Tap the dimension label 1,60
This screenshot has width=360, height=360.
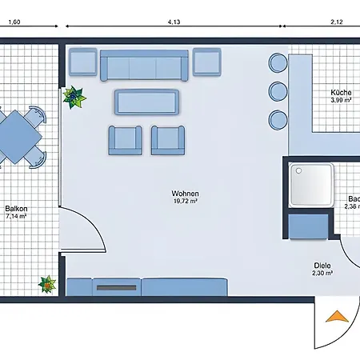pyautogui.click(x=14, y=23)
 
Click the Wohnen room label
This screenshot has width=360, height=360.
pyautogui.click(x=184, y=194)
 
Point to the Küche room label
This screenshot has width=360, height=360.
pyautogui.click(x=341, y=93)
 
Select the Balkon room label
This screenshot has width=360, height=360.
pyautogui.click(x=16, y=210)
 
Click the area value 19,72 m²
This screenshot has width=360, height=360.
pyautogui.click(x=184, y=202)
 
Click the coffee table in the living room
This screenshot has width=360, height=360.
pyautogui.click(x=146, y=102)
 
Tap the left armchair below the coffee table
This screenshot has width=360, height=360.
pyautogui.click(x=123, y=139)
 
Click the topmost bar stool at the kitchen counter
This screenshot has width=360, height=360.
pyautogui.click(x=278, y=62)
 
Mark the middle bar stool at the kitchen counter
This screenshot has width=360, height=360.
pyautogui.click(x=278, y=90)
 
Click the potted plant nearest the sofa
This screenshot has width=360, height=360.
pyautogui.click(x=75, y=97)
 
